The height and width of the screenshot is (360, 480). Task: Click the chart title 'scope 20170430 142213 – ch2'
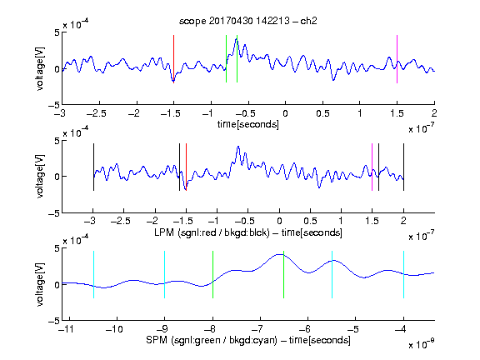[248, 21]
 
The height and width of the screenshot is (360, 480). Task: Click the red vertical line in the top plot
[173, 59]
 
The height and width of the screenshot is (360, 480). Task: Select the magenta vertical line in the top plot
[397, 59]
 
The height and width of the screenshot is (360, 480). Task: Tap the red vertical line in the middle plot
[186, 167]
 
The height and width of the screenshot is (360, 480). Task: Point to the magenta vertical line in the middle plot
[372, 167]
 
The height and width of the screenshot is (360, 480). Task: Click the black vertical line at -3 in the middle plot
[93, 167]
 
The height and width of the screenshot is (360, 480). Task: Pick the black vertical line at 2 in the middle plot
[403, 167]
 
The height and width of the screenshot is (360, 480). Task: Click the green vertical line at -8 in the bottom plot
[212, 275]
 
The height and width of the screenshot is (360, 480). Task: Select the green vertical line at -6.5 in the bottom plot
[284, 275]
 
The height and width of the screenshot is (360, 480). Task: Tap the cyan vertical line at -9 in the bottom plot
[164, 275]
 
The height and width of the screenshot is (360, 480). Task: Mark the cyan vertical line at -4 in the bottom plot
[403, 275]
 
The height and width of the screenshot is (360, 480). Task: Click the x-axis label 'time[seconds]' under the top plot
[248, 125]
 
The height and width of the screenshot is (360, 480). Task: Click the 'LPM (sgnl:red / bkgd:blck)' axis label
[212, 232]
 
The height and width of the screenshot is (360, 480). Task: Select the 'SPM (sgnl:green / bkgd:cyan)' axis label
[212, 340]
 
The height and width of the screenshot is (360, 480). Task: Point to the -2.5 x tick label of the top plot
[97, 114]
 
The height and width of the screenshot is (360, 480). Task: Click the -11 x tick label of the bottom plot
[66, 329]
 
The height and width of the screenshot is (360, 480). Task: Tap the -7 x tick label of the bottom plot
[259, 329]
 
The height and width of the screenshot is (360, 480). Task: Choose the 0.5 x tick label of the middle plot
[310, 221]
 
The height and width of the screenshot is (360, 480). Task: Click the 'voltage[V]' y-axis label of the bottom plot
[40, 284]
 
